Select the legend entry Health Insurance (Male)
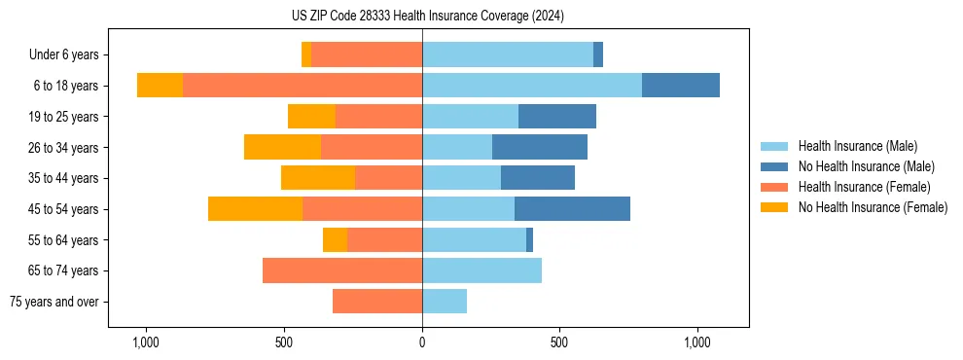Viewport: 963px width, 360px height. [x=857, y=146]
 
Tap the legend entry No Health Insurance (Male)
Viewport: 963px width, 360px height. [x=866, y=166]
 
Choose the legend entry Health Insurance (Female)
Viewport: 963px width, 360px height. [x=864, y=187]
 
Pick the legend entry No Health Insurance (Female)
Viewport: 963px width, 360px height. [x=873, y=207]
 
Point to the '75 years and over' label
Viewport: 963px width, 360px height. [x=54, y=302]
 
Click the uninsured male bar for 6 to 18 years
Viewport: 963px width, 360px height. [x=681, y=86]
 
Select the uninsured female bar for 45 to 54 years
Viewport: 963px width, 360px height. [x=255, y=209]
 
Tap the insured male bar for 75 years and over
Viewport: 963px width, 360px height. [x=445, y=302]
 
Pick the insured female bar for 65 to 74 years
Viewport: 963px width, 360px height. [x=342, y=270]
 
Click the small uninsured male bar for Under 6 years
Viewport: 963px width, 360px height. [x=598, y=54]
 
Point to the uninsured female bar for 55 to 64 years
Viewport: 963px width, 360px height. [x=335, y=239]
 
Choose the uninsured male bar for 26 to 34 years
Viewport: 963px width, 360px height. [x=540, y=147]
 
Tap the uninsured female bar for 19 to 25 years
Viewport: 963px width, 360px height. [x=311, y=117]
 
